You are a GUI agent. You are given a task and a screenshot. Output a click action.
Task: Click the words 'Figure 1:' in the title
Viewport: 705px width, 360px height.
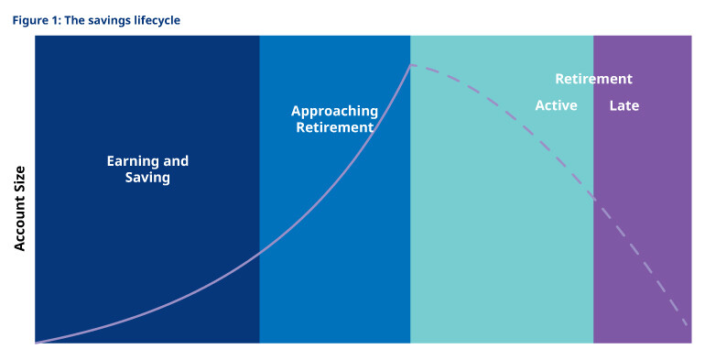[36, 18]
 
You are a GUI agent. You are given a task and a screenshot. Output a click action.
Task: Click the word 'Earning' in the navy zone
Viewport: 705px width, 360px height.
[134, 161]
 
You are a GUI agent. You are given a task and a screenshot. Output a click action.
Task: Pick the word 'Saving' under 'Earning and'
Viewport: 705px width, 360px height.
[147, 178]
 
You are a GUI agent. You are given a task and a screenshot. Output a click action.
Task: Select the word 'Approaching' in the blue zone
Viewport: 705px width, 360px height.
[334, 111]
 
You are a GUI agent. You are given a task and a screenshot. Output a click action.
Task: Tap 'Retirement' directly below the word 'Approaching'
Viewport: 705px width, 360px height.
[334, 127]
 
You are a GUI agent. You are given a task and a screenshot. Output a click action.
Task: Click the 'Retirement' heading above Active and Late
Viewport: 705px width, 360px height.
[593, 79]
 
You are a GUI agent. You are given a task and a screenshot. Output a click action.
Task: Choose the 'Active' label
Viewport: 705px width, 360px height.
[556, 105]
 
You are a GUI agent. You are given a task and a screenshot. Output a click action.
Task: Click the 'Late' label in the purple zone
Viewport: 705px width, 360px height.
[624, 105]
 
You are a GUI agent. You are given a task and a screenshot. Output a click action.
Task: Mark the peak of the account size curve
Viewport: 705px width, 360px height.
[411, 65]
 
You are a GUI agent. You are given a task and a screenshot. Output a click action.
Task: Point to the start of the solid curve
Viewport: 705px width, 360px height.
[37, 343]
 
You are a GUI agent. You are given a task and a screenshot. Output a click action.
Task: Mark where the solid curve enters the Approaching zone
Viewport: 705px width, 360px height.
[260, 250]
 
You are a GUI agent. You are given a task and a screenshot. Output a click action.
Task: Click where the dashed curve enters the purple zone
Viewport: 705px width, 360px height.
[593, 199]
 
